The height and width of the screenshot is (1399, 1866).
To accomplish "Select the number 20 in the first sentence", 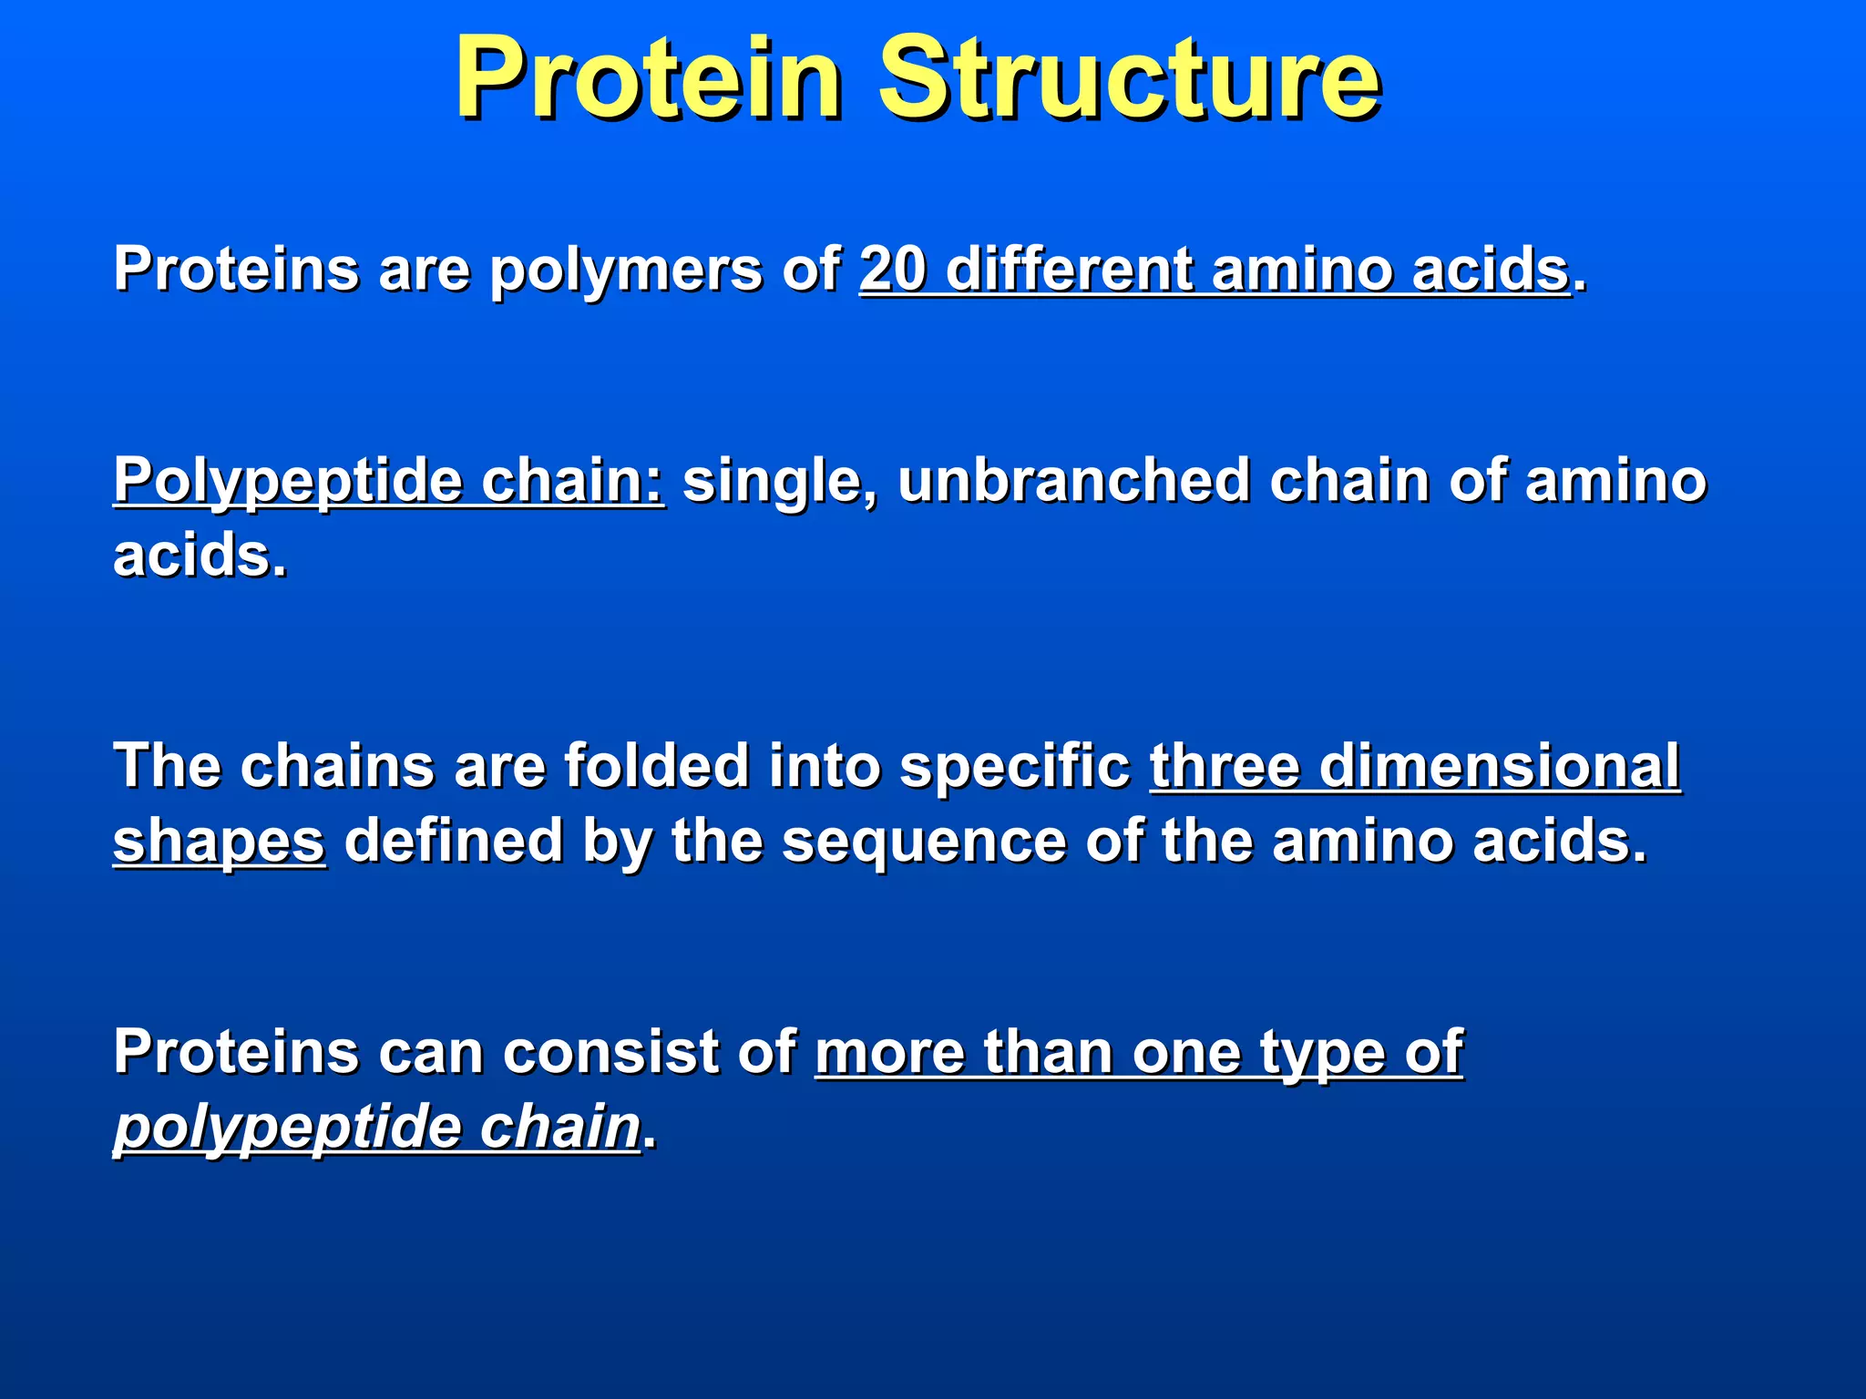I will (x=892, y=270).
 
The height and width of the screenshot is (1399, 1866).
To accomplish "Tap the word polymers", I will (x=625, y=271).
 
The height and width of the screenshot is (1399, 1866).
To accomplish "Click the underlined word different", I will (x=1069, y=270).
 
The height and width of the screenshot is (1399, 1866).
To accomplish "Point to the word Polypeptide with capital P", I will (x=287, y=482).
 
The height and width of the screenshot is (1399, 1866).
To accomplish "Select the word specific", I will (x=1014, y=767).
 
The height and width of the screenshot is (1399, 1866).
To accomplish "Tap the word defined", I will (x=453, y=840).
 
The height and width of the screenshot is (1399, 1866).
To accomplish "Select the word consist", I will (x=610, y=1052).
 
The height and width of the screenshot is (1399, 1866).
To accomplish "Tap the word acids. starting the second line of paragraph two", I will (x=200, y=556).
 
